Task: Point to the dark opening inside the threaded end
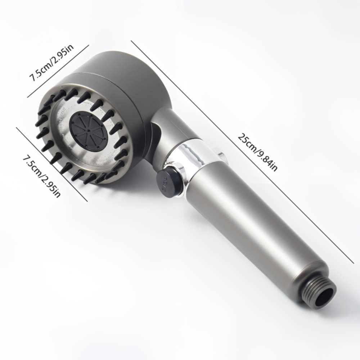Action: (326, 296)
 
